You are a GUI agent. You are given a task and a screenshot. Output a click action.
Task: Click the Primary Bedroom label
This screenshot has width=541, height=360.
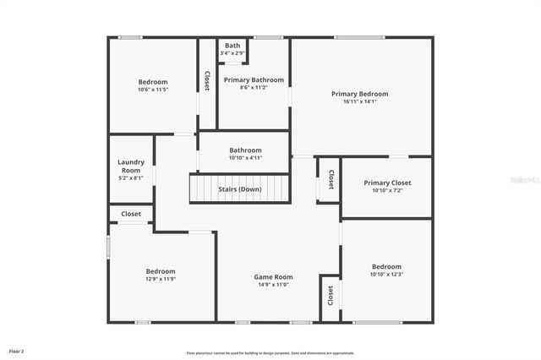coord(360,94)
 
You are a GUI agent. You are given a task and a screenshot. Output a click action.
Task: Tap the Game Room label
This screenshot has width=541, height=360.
coord(273,277)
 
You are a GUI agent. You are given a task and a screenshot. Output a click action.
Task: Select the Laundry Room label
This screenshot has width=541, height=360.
coord(131,166)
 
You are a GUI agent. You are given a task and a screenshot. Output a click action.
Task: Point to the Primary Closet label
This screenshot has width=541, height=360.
coord(387,183)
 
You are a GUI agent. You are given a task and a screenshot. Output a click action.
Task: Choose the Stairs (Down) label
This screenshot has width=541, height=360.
coord(240,189)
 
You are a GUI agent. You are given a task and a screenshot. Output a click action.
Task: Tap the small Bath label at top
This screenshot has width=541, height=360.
coord(232,46)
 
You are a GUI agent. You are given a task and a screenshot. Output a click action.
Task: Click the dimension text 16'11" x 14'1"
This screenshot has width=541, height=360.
coord(360,101)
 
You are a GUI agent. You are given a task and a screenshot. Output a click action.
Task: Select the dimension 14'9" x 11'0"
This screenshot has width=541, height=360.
coord(273,285)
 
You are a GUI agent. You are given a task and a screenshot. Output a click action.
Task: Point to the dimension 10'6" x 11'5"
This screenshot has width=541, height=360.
coord(153,90)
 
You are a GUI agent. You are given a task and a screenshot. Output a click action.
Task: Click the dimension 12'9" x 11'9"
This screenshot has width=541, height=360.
coord(161,279)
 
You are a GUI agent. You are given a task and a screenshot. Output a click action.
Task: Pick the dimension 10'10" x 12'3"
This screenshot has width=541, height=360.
coord(386,274)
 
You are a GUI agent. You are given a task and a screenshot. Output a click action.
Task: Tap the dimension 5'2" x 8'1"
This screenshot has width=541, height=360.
coord(131,177)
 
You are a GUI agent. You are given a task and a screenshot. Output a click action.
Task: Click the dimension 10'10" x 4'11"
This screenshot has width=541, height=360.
coord(245,158)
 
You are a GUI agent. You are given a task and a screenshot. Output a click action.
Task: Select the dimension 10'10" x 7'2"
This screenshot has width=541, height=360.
coord(387,190)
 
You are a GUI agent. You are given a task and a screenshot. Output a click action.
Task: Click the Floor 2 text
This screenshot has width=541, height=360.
coord(17,351)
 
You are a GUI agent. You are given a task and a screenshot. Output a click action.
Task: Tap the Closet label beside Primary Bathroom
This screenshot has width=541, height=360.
coord(207,80)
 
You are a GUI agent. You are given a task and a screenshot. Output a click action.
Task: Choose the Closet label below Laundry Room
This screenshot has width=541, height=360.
coord(131,215)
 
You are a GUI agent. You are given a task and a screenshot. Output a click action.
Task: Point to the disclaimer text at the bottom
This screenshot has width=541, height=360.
coord(270,353)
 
